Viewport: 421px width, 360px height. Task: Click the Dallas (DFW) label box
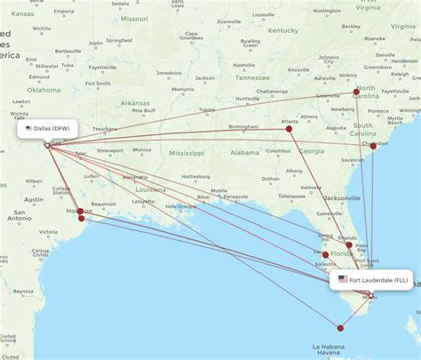(48, 129)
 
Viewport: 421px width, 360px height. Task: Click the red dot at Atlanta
(289, 129)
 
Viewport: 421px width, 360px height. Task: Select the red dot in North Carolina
(356, 92)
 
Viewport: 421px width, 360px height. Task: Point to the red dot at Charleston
(373, 146)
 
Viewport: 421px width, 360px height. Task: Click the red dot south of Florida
(340, 328)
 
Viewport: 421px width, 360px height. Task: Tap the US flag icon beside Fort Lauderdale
(343, 280)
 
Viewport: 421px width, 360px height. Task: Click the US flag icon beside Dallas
(28, 129)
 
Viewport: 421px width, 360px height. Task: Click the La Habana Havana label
(330, 348)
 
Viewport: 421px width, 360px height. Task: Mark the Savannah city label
(353, 160)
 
